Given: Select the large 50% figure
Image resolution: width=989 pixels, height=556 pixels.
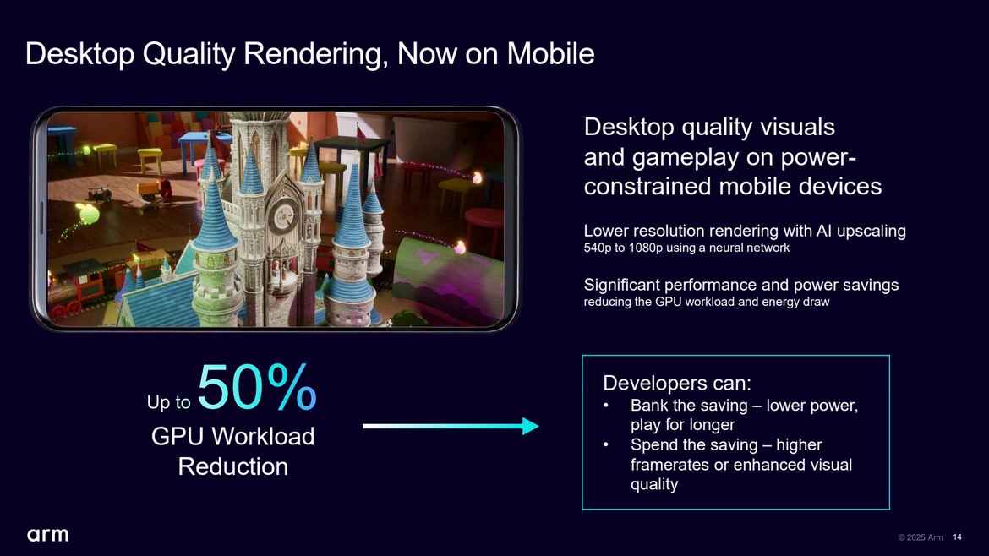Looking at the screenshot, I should pyautogui.click(x=257, y=389).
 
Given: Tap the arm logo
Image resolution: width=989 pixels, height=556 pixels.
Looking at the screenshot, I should pyautogui.click(x=47, y=535).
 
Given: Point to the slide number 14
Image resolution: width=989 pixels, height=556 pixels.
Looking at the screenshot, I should pyautogui.click(x=957, y=537).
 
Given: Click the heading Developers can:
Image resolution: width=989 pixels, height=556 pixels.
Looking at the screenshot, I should pyautogui.click(x=677, y=383).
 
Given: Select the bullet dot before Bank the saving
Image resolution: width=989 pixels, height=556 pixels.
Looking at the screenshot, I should pyautogui.click(x=606, y=406).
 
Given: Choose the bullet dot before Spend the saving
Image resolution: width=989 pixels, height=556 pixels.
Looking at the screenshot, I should pyautogui.click(x=606, y=445).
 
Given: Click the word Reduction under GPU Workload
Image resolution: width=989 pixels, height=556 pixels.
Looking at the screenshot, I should pyautogui.click(x=232, y=466).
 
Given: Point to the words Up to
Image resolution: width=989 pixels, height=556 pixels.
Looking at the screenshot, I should pyautogui.click(x=168, y=403).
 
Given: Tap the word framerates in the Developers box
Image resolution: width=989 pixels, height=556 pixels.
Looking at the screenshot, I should pyautogui.click(x=669, y=465).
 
